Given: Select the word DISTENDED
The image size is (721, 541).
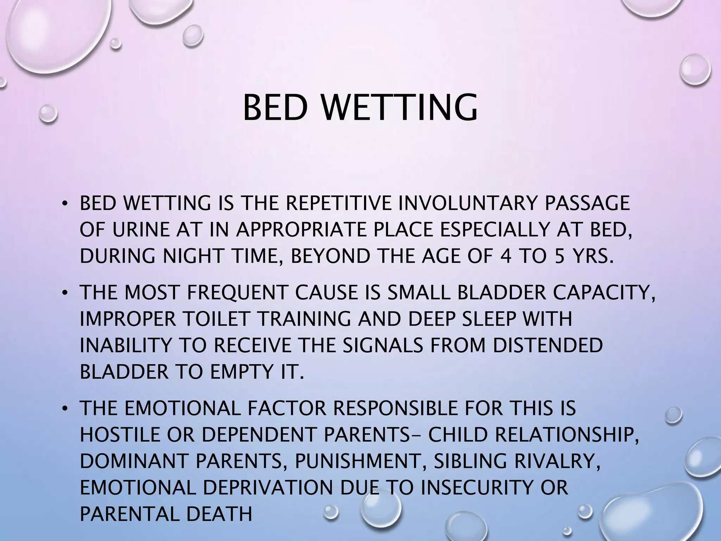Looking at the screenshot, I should coord(547,346).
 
